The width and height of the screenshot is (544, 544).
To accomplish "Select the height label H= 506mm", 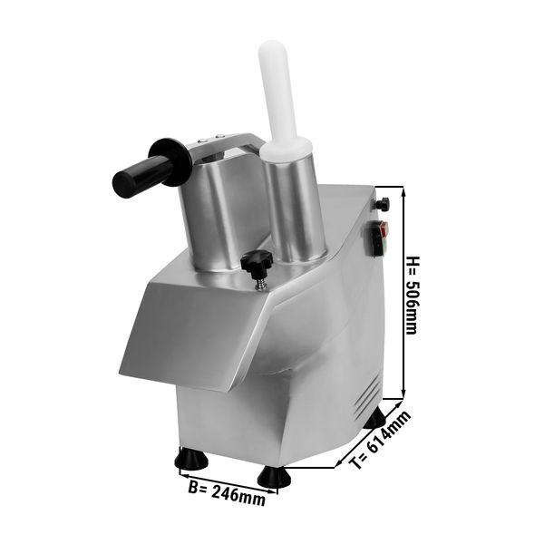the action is coord(413,296).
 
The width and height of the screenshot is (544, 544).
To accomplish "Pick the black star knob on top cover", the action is coord(256,262).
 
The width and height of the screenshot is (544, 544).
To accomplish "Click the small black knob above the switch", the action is coord(384,204).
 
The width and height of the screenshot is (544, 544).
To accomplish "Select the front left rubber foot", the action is coord(191,458).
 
